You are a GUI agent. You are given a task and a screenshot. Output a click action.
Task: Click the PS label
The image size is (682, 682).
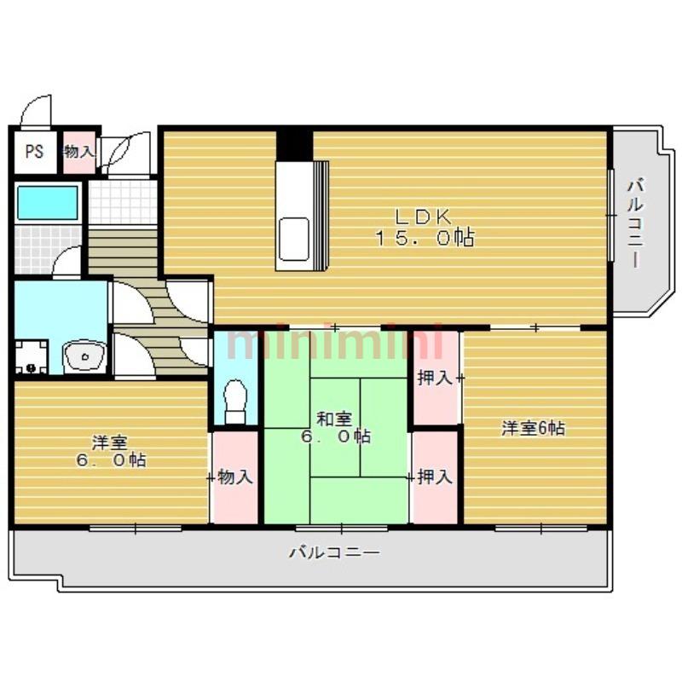point(34,152)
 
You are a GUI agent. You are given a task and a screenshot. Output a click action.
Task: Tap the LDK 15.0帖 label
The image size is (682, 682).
point(424,228)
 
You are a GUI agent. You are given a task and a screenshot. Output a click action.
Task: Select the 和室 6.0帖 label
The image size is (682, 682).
point(335,428)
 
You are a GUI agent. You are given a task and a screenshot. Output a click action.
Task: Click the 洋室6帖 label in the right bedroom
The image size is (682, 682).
point(534,429)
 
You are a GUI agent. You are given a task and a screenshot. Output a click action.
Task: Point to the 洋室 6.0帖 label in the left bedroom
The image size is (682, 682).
point(111,452)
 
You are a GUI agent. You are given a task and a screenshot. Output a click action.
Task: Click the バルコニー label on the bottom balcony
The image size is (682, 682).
point(335,552)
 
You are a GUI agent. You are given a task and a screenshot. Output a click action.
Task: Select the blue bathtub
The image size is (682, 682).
point(48,203)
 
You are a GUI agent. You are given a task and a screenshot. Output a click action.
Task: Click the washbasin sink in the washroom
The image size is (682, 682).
point(84,355)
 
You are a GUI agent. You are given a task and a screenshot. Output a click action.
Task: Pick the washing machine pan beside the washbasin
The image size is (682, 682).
point(31,356)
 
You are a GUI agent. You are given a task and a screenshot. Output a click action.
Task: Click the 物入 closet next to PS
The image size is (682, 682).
point(79,152)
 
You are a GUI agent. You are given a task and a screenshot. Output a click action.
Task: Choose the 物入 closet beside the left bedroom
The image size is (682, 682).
point(235,477)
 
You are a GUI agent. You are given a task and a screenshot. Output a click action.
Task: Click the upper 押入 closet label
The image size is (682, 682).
point(435,378)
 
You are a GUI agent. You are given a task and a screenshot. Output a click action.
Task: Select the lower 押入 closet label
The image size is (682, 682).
point(435,477)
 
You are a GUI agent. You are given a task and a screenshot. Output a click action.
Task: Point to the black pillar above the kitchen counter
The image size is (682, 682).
point(294,145)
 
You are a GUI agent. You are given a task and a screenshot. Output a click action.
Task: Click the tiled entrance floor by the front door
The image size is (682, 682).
point(123,202)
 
